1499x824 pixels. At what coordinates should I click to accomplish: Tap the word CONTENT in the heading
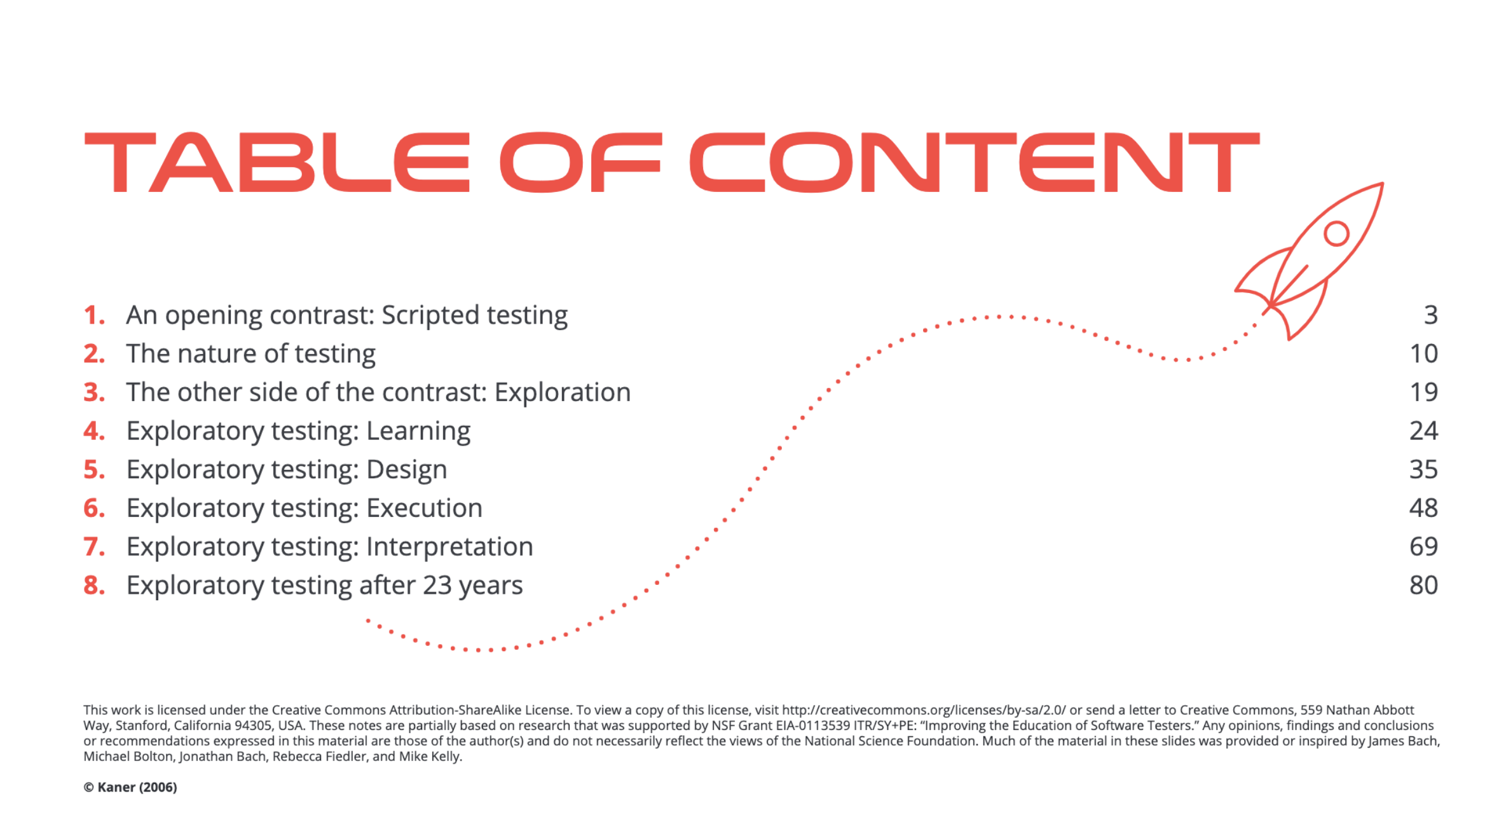click(x=975, y=162)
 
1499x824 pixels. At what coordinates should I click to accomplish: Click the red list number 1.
click(x=94, y=315)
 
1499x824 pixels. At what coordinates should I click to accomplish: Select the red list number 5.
click(x=94, y=470)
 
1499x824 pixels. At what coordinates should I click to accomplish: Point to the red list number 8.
click(x=94, y=586)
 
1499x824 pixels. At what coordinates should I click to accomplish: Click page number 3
click(x=1430, y=315)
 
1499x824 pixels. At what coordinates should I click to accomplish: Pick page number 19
click(x=1424, y=392)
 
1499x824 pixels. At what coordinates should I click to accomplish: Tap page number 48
click(x=1424, y=508)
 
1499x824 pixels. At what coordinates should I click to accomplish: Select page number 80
click(x=1424, y=586)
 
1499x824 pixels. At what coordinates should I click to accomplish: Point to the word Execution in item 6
click(x=425, y=508)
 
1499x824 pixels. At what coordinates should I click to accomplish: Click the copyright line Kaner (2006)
click(x=130, y=787)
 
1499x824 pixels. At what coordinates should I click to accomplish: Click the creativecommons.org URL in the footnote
click(x=924, y=710)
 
